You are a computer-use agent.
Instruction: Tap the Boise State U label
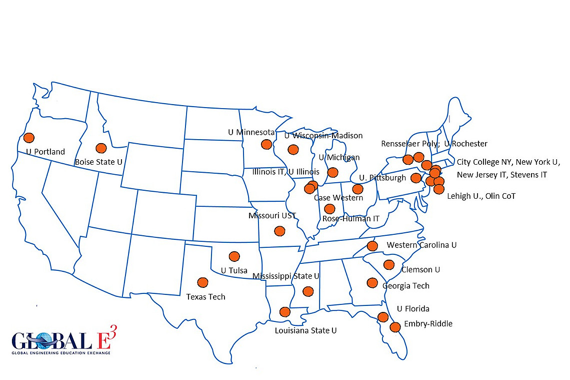click(x=98, y=162)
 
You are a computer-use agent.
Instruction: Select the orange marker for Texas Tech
click(x=202, y=282)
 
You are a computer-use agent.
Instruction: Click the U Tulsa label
click(x=234, y=270)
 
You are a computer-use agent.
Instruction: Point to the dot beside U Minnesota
click(x=266, y=144)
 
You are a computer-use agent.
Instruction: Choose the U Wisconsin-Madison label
click(x=323, y=136)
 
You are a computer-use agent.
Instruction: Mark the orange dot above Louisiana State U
click(x=284, y=312)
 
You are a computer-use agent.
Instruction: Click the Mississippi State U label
click(x=286, y=276)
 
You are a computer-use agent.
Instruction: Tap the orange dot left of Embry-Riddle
click(x=395, y=327)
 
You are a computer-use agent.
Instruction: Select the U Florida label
click(x=413, y=309)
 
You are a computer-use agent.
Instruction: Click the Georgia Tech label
click(x=405, y=286)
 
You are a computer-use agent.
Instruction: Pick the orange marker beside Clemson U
click(x=388, y=264)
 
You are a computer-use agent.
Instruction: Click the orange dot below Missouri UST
click(x=279, y=231)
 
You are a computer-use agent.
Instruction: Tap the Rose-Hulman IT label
click(x=351, y=219)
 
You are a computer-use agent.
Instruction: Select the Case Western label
click(x=338, y=198)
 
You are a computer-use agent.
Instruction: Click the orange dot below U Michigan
click(x=332, y=173)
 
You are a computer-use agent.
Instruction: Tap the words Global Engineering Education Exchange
click(x=61, y=353)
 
